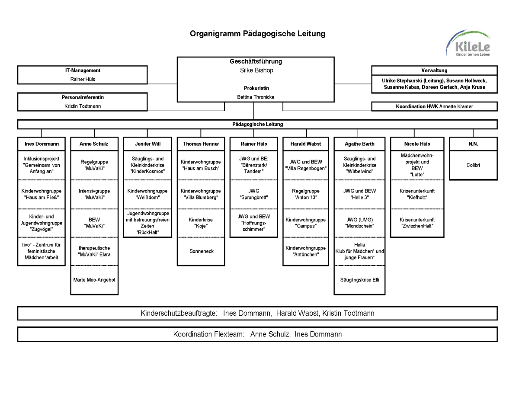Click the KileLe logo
[468, 43]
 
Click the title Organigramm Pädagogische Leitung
[257, 34]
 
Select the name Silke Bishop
[256, 70]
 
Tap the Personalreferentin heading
[83, 98]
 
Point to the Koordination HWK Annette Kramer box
[434, 106]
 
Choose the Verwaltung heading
[434, 70]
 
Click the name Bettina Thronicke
[256, 97]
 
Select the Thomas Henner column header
[201, 144]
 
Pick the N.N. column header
[473, 144]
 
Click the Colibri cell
[473, 165]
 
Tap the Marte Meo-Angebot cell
[94, 280]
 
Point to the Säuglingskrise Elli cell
[359, 280]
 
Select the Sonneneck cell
[201, 251]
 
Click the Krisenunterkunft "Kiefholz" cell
[417, 194]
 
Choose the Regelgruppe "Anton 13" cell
[306, 194]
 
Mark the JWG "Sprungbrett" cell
[253, 194]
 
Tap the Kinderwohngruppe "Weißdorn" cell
[147, 194]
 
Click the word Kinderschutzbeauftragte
[179, 313]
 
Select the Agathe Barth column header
[359, 144]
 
